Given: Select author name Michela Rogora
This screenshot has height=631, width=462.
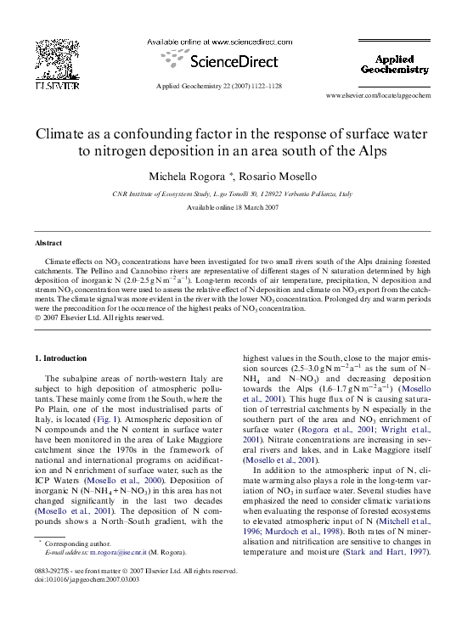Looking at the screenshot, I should tap(186, 177).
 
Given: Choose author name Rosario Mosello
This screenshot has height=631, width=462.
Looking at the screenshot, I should tap(273, 177).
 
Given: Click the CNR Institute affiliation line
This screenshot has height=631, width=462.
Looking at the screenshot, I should tap(231, 194).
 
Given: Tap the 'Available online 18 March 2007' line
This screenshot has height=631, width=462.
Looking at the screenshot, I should tap(231, 208).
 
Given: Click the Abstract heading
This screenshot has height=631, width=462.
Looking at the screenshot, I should tap(48, 242).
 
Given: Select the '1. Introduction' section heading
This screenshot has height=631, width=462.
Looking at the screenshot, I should tap(65, 358).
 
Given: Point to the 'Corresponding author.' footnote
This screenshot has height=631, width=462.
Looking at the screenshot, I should tap(77, 542).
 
